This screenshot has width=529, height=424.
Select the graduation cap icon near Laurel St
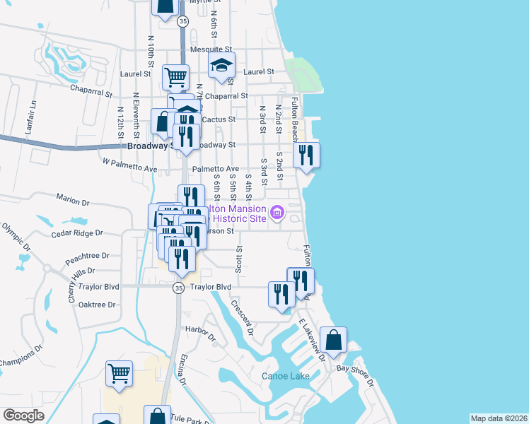222,66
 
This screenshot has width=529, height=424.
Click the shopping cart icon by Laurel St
175,76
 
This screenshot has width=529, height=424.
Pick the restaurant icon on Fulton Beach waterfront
306,155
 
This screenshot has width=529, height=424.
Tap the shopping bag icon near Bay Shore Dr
333,340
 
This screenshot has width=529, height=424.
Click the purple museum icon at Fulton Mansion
277,211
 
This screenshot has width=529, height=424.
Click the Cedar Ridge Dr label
77,232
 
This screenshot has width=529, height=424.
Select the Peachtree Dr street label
87,255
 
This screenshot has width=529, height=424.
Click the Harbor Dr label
199,329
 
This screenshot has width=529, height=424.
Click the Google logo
24,416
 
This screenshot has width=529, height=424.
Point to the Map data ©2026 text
499,418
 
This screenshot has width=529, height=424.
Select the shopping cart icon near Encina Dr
119,373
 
